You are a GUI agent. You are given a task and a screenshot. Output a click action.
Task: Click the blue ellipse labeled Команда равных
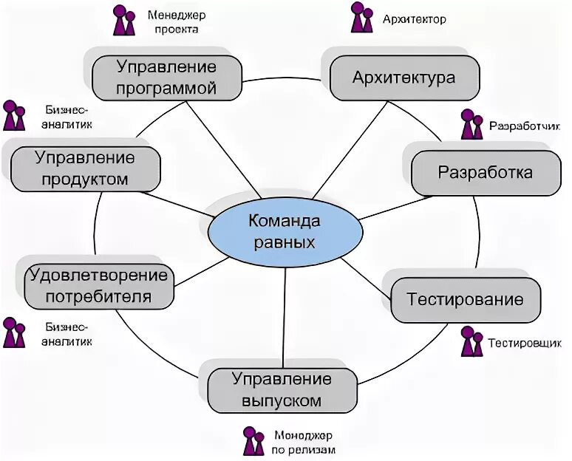click(x=286, y=231)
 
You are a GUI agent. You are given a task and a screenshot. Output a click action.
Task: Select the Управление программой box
click(x=167, y=78)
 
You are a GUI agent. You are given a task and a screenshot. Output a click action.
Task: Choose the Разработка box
click(x=485, y=173)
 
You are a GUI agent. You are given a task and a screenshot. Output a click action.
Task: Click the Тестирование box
click(x=466, y=300)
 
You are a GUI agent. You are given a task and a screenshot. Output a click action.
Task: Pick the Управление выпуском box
click(x=282, y=390)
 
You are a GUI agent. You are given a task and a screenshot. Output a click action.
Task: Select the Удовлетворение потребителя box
click(x=98, y=287)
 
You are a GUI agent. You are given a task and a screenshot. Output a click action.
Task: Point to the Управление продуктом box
click(x=85, y=168)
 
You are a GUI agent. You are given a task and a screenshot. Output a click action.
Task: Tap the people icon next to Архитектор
click(x=361, y=18)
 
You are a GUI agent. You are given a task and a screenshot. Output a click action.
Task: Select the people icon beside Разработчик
click(x=471, y=125)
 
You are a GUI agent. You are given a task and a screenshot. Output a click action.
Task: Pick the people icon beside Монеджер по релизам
click(x=253, y=441)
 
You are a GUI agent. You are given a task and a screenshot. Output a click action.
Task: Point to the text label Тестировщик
click(x=520, y=344)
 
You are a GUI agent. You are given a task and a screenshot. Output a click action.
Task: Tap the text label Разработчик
click(x=520, y=126)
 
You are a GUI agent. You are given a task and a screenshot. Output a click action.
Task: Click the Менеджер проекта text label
click(x=176, y=22)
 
